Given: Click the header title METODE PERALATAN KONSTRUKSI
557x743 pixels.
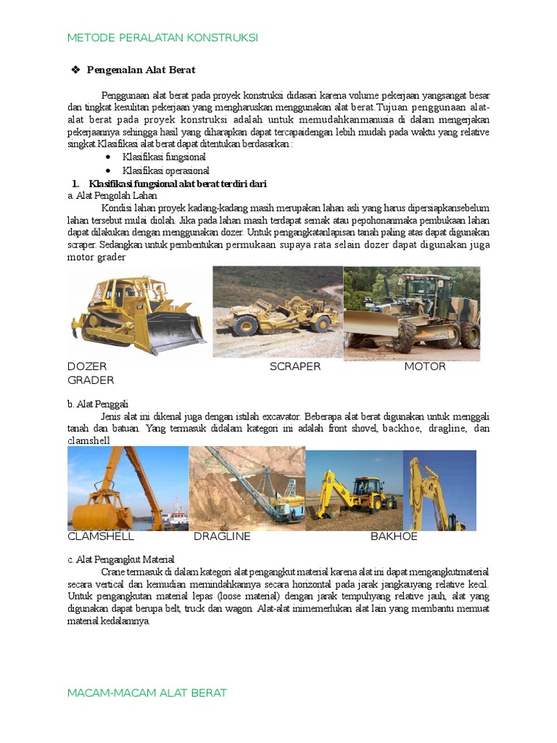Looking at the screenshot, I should click(162, 38).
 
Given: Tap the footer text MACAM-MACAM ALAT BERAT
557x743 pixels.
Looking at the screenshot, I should click(147, 693).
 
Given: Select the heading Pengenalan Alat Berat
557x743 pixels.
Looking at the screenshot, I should click(141, 70).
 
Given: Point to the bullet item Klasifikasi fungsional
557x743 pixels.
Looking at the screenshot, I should click(164, 157).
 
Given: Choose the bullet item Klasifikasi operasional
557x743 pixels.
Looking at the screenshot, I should click(165, 171).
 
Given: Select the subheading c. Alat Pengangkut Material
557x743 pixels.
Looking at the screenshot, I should click(121, 559).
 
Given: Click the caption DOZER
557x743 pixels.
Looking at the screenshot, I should click(87, 366).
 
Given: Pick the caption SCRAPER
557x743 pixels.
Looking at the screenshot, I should click(295, 366).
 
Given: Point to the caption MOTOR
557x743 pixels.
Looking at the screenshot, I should click(425, 366).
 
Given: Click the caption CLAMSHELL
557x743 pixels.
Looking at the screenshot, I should click(101, 537).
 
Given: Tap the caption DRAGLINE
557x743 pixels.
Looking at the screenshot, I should click(222, 537).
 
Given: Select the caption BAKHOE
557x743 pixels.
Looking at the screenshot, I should click(394, 537).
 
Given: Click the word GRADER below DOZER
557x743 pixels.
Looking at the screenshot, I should click(91, 380).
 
